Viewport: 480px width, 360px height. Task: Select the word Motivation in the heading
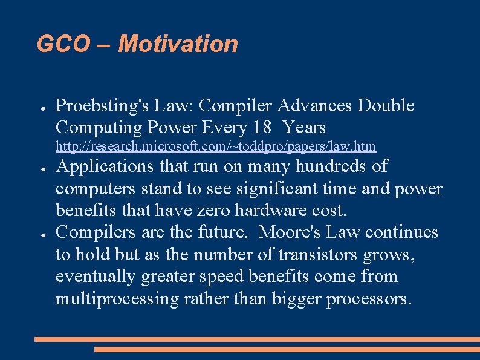[178, 44]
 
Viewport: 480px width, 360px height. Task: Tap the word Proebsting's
[102, 106]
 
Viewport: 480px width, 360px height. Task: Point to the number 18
[262, 128]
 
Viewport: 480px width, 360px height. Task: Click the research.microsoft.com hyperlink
[216, 146]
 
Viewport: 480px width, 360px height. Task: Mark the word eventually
[96, 277]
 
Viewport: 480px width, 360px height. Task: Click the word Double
[386, 106]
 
